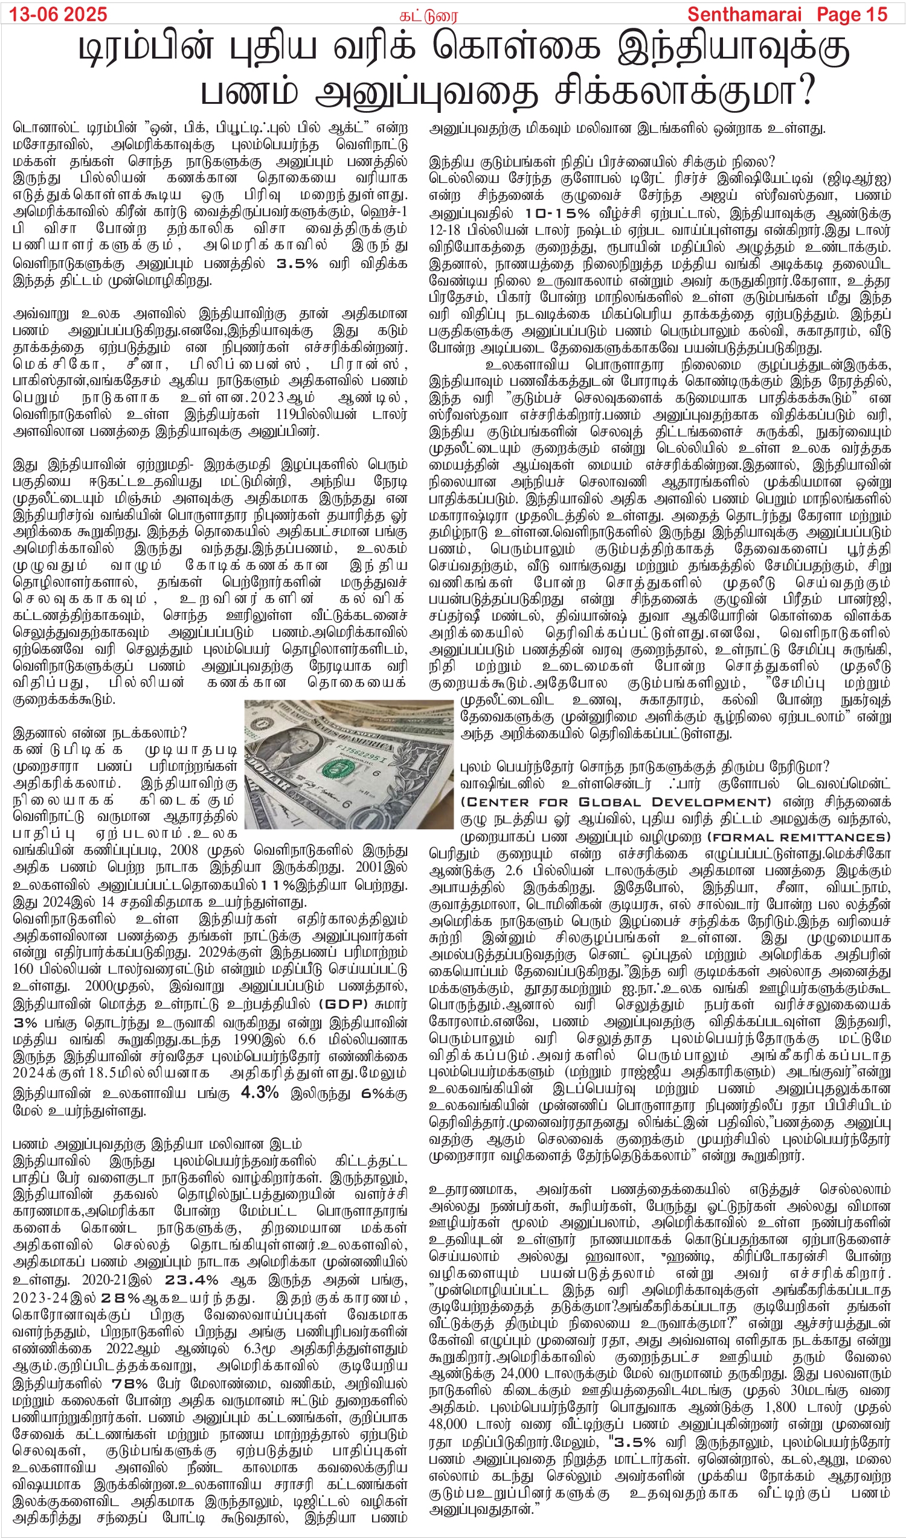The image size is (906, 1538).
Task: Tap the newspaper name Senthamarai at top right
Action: pyautogui.click(x=743, y=14)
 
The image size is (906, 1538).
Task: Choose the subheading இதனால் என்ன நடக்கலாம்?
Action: pyautogui.click(x=100, y=732)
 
